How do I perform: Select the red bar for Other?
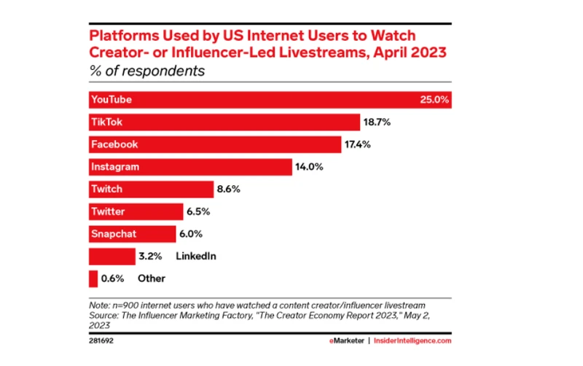click(93, 279)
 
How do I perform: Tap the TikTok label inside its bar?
click(107, 122)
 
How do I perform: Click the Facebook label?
click(114, 144)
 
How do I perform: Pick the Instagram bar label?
click(114, 167)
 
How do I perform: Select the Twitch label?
click(106, 190)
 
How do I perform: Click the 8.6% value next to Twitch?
click(228, 190)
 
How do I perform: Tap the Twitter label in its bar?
click(108, 212)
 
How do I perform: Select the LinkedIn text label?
click(196, 257)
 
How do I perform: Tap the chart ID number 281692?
click(102, 340)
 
